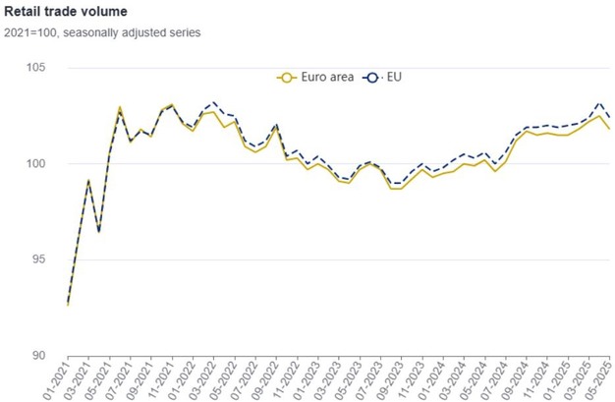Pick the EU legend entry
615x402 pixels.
[383, 77]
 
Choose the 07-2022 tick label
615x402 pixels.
[242, 380]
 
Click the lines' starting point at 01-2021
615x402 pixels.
[68, 304]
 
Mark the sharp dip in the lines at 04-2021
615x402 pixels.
[98, 232]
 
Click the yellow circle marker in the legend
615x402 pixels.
[286, 77]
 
